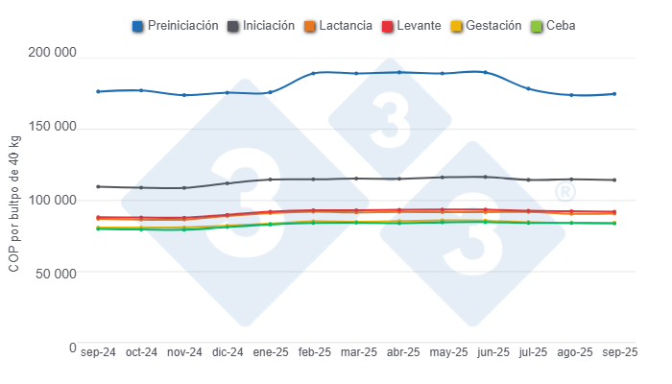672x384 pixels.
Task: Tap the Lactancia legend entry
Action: point(341,25)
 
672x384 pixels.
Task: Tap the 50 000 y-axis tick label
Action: point(52,273)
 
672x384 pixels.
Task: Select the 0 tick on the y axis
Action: point(73,347)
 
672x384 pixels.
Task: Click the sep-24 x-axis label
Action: point(98,352)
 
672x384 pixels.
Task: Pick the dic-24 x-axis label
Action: point(228,352)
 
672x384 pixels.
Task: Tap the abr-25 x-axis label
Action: point(399,352)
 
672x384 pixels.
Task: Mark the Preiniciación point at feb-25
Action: point(313,73)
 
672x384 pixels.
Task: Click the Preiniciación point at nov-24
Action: point(184,95)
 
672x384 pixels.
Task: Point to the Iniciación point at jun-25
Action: point(486,177)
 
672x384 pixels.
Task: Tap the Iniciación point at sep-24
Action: point(98,186)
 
